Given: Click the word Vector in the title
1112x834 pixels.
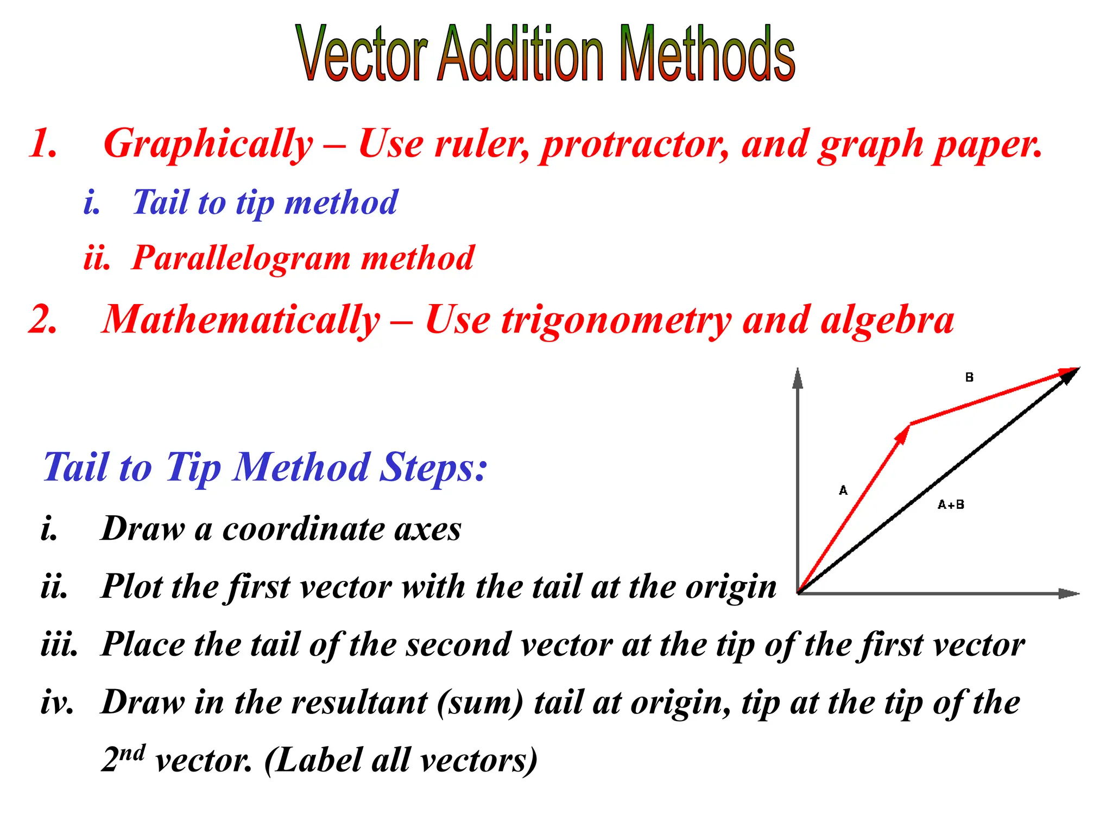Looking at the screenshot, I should coord(363,54).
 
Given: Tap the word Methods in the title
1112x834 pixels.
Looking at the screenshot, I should coord(707,54).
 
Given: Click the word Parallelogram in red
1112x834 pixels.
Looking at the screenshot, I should coord(241,258).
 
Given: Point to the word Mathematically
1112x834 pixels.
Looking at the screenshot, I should coord(241,320).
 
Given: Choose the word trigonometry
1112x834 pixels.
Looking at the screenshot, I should coord(616,321).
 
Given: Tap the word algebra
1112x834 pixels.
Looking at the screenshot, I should coord(887,320).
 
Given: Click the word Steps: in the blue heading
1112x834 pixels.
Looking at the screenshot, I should coord(433,468).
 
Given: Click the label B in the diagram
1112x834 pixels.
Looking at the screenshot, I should coord(969,377).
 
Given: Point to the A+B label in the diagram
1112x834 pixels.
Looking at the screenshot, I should coord(951,505).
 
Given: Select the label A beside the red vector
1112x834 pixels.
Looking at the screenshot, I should coord(843,491).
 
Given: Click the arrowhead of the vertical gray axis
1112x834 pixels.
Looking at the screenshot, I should coord(798,378).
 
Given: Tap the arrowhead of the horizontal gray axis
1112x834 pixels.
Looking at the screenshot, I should coord(1069,593).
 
